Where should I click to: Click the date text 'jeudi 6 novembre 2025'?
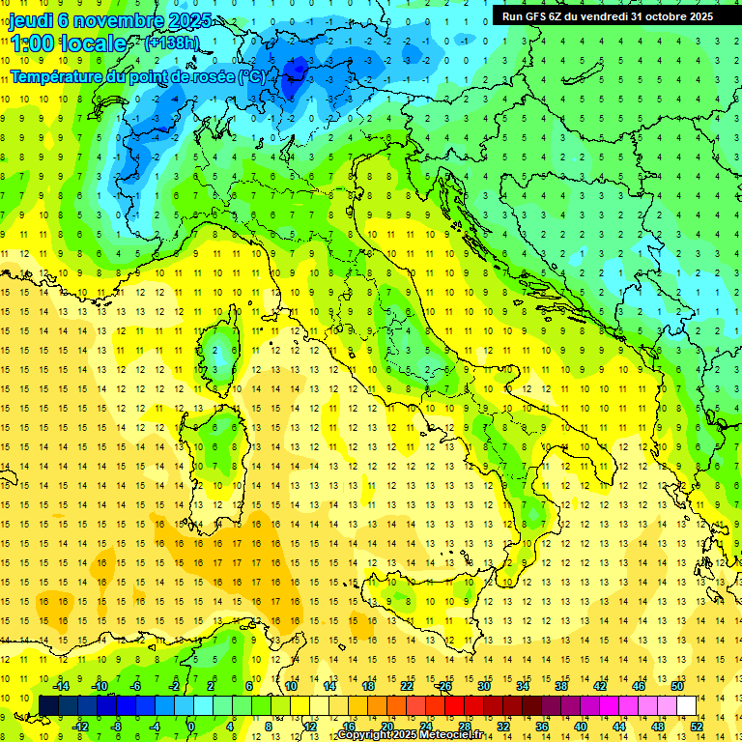(111, 20)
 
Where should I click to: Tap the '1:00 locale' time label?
(68, 44)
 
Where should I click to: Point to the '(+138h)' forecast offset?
(173, 43)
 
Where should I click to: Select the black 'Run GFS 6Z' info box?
(607, 15)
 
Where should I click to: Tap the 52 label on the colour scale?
(697, 726)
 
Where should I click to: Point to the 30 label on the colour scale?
(484, 685)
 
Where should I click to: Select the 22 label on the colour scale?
(407, 685)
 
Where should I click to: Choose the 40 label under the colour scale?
(581, 726)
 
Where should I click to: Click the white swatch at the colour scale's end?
(686, 705)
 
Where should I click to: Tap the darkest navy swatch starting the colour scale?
(48, 705)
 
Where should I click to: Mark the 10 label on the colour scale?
(291, 685)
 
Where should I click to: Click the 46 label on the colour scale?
(639, 685)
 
